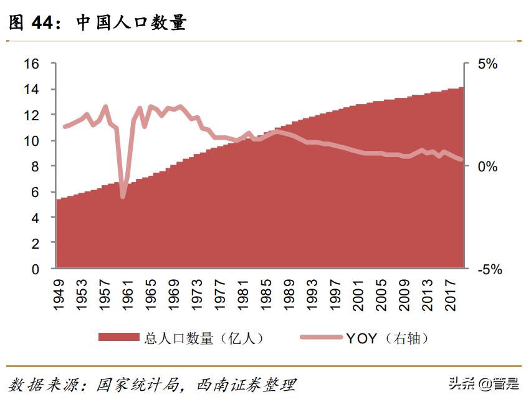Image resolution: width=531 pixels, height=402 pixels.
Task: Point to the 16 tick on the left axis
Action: pyautogui.click(x=32, y=64)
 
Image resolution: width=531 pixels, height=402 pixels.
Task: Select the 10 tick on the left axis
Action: pyautogui.click(x=32, y=141)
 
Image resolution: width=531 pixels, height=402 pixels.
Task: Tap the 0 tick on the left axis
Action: pyautogui.click(x=36, y=269)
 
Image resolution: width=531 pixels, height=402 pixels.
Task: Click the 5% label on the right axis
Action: pyautogui.click(x=487, y=64)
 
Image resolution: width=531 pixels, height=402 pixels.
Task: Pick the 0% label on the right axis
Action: pyautogui.click(x=487, y=166)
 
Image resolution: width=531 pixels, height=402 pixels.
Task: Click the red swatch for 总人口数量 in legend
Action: pyautogui.click(x=118, y=337)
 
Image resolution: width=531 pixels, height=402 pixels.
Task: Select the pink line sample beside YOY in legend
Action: pyautogui.click(x=320, y=337)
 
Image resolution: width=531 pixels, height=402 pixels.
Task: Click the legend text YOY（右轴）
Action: pyautogui.click(x=387, y=338)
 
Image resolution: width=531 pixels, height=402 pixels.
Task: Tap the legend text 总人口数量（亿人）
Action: pyautogui.click(x=204, y=338)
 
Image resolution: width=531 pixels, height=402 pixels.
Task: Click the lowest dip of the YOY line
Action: pyautogui.click(x=123, y=197)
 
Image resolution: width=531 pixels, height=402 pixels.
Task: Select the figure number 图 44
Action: pyautogui.click(x=31, y=23)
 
